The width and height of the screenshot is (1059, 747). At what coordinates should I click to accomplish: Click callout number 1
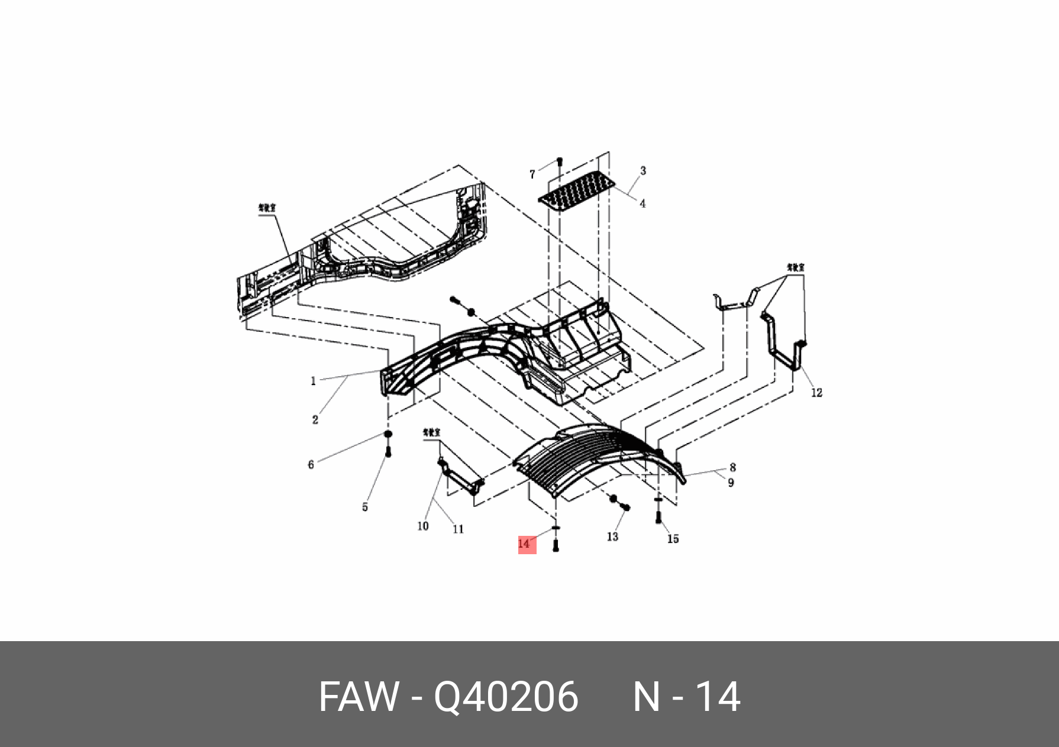tap(313, 381)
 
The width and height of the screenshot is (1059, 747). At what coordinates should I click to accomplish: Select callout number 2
tap(315, 420)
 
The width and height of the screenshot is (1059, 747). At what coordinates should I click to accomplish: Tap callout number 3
tap(643, 171)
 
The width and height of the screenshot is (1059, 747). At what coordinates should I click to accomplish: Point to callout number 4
tap(642, 203)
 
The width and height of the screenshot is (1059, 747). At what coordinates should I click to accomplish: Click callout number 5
tap(365, 507)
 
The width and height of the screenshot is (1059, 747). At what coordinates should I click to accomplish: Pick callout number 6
tap(311, 465)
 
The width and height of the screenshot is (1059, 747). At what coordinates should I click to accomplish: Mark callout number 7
tap(532, 174)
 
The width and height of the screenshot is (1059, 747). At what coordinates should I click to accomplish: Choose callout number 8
tap(732, 468)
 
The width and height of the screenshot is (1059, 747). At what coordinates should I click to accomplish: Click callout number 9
tap(731, 483)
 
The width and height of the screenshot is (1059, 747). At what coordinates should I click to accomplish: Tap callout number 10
tap(423, 526)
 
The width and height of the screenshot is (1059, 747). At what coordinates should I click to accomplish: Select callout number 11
tap(458, 529)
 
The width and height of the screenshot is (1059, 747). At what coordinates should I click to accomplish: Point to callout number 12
tap(816, 393)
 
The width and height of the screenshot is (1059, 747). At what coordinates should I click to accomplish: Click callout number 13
tap(612, 536)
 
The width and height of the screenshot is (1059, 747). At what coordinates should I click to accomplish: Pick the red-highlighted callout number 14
tap(525, 544)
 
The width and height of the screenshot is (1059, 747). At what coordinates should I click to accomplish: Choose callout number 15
tap(673, 539)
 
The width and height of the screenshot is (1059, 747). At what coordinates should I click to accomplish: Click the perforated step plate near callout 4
tap(577, 189)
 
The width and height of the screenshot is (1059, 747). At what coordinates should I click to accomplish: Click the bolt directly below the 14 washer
tap(556, 547)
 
